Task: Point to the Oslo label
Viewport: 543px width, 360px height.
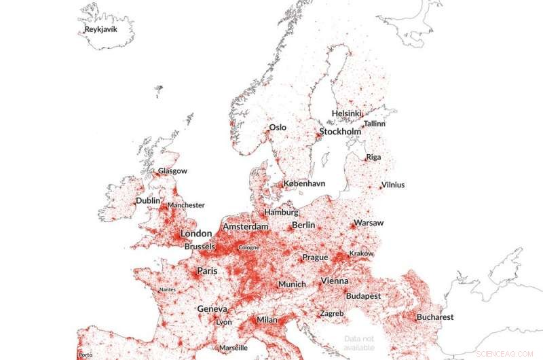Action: [278, 127]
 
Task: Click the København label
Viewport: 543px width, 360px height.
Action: [304, 183]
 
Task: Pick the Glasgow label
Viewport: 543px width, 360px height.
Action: [172, 171]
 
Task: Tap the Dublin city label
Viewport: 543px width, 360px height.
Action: [148, 201]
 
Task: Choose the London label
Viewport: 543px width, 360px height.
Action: [196, 234]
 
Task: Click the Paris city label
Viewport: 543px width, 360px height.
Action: [207, 271]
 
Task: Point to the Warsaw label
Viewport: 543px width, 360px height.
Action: [369, 223]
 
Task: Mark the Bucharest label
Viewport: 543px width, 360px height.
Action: [435, 317]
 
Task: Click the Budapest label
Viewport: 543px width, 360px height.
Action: [363, 296]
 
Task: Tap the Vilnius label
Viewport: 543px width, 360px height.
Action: [392, 185]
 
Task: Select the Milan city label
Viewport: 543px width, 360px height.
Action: [266, 320]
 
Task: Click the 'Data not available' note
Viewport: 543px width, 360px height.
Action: [359, 343]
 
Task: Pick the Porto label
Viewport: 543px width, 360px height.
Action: [86, 355]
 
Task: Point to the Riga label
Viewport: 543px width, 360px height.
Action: [373, 157]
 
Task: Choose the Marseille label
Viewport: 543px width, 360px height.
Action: [233, 348]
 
